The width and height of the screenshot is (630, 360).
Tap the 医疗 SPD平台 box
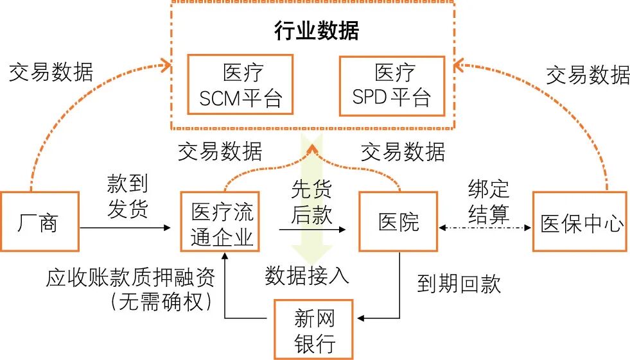coord(391,86)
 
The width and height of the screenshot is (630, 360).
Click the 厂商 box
coord(40,221)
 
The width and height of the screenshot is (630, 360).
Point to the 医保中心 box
coord(580,222)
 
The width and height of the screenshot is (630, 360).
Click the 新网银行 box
coord(314,329)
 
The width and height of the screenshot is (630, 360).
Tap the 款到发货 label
coord(127,196)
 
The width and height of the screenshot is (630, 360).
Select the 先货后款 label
coord(312,201)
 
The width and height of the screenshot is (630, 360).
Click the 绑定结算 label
coord(489,201)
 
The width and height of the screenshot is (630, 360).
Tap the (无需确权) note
coord(161,301)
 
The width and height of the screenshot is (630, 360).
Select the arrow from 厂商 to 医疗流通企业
coord(126,227)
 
